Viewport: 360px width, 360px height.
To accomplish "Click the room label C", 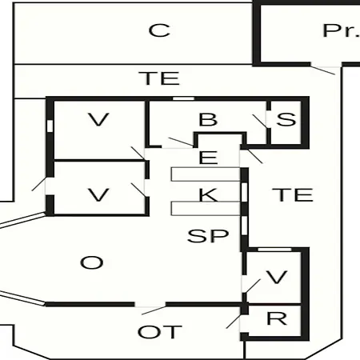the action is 159,30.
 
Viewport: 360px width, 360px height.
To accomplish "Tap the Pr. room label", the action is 342,30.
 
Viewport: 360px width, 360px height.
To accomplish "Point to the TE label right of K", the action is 293,194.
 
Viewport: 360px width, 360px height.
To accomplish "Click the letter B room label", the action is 208,119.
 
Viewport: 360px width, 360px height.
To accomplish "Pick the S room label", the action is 286,119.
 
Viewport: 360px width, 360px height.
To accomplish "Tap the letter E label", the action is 208,158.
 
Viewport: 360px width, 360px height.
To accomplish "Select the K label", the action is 208,194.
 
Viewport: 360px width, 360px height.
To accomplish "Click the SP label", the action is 208,236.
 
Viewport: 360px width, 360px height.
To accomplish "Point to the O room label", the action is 92,262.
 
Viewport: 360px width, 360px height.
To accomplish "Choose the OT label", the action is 160,332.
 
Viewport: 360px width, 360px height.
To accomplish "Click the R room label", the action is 277,318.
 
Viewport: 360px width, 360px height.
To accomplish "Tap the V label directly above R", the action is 277,277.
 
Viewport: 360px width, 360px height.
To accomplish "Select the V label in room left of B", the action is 98,119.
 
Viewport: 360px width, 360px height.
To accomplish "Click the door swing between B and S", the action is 260,122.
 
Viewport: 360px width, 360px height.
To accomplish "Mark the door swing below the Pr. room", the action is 322,70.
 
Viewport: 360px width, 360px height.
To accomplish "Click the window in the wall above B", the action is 183,98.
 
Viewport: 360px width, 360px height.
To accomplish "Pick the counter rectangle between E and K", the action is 206,174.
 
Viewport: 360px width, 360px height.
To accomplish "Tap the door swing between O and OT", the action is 154,310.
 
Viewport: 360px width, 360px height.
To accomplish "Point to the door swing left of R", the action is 234,322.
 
